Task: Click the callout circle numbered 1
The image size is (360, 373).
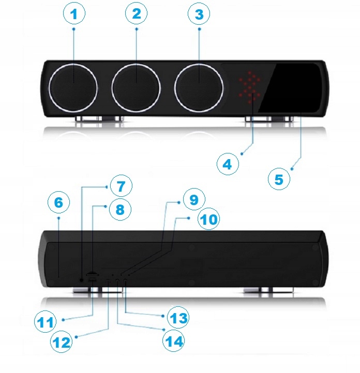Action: pos(74,14)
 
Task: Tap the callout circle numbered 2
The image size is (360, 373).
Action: pos(136,14)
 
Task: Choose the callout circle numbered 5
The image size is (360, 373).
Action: pos(279,180)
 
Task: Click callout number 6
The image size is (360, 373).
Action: pos(58,203)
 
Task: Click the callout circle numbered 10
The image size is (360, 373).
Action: pos(209,220)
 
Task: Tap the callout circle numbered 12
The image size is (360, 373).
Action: pos(62,342)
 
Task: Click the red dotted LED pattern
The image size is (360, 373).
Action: pos(250,85)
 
